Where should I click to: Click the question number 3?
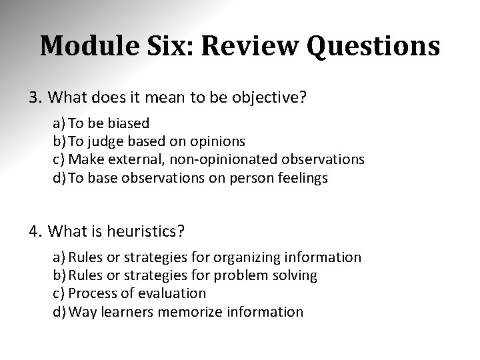coord(35,99)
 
